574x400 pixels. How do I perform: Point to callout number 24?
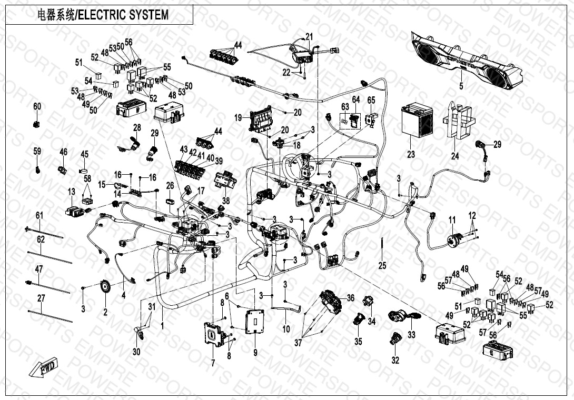click(455, 155)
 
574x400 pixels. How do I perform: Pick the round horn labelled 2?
click(105, 287)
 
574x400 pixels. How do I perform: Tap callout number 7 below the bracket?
click(213, 363)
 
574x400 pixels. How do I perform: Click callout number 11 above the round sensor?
click(452, 219)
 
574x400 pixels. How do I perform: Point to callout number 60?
click(37, 106)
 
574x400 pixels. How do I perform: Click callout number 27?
click(41, 298)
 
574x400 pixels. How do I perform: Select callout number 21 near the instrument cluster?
click(309, 36)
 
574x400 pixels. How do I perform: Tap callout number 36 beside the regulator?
click(350, 298)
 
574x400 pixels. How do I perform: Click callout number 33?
click(411, 334)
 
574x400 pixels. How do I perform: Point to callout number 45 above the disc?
click(84, 154)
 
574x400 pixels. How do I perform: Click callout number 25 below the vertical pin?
click(382, 265)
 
